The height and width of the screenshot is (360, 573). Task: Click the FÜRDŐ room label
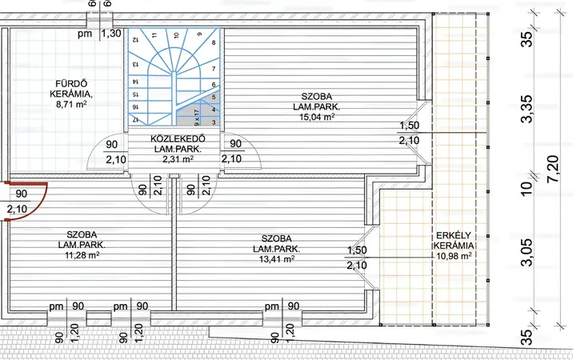click(71, 84)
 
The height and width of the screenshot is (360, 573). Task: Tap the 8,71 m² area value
click(71, 104)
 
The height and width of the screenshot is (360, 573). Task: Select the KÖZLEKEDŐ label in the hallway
click(178, 139)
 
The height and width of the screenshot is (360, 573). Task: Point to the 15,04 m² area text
click(317, 117)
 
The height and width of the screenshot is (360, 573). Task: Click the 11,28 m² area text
click(82, 254)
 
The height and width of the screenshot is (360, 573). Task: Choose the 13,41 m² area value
click(277, 259)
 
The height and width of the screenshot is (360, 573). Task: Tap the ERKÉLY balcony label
click(454, 235)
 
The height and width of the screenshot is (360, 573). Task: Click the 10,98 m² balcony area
click(454, 256)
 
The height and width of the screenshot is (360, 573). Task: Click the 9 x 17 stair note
click(197, 118)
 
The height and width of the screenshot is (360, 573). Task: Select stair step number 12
click(134, 39)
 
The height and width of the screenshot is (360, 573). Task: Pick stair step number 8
click(214, 42)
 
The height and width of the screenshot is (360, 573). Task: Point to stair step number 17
click(134, 119)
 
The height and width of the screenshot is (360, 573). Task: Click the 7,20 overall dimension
click(554, 169)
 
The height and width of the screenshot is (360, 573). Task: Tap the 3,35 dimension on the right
click(527, 109)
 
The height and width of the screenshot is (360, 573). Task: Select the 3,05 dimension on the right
click(527, 253)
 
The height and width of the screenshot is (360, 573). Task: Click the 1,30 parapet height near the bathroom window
click(110, 34)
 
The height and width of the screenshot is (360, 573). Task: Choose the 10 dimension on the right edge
click(527, 188)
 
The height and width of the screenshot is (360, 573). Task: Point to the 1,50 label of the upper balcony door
click(409, 126)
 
